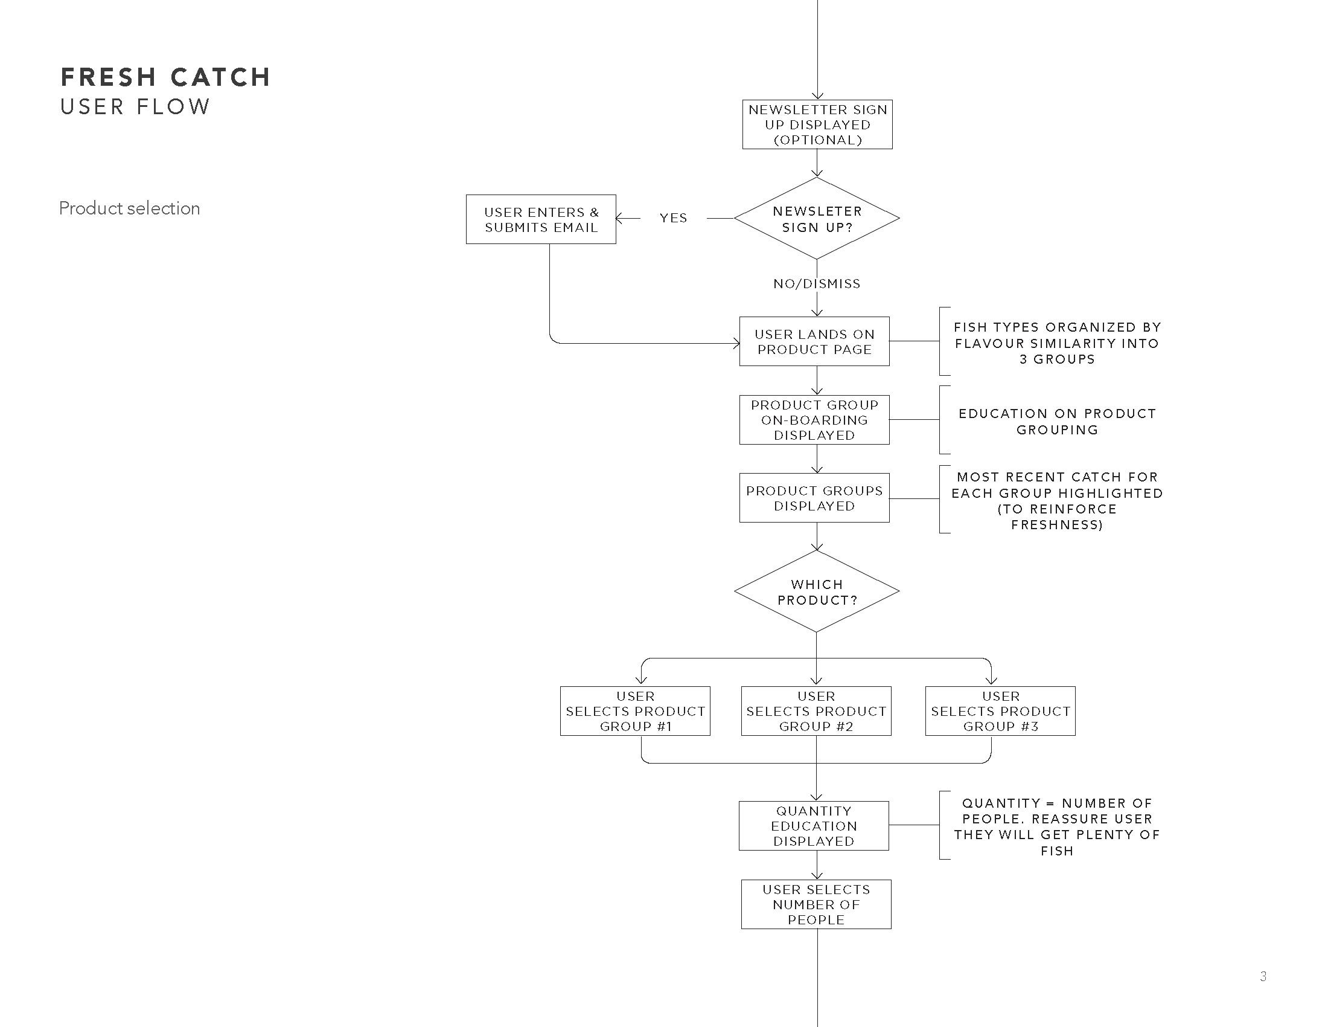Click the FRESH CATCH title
tap(165, 77)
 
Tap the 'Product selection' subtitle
tap(130, 208)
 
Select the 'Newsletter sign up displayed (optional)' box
tap(817, 124)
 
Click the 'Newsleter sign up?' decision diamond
tap(817, 219)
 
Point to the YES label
tap(673, 218)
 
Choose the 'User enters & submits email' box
tap(541, 220)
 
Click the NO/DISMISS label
tap(817, 283)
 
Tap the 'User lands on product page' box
tap(814, 341)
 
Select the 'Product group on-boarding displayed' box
tap(814, 420)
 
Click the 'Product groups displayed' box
tap(814, 498)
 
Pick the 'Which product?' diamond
tap(817, 591)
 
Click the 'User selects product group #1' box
tap(636, 711)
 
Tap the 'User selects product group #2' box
tap(816, 711)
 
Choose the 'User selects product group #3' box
tap(1000, 711)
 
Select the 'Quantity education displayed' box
tap(814, 826)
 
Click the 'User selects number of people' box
tap(816, 904)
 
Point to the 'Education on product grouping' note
tap(1057, 421)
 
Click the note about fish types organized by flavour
tap(1057, 343)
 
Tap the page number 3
tap(1263, 976)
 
